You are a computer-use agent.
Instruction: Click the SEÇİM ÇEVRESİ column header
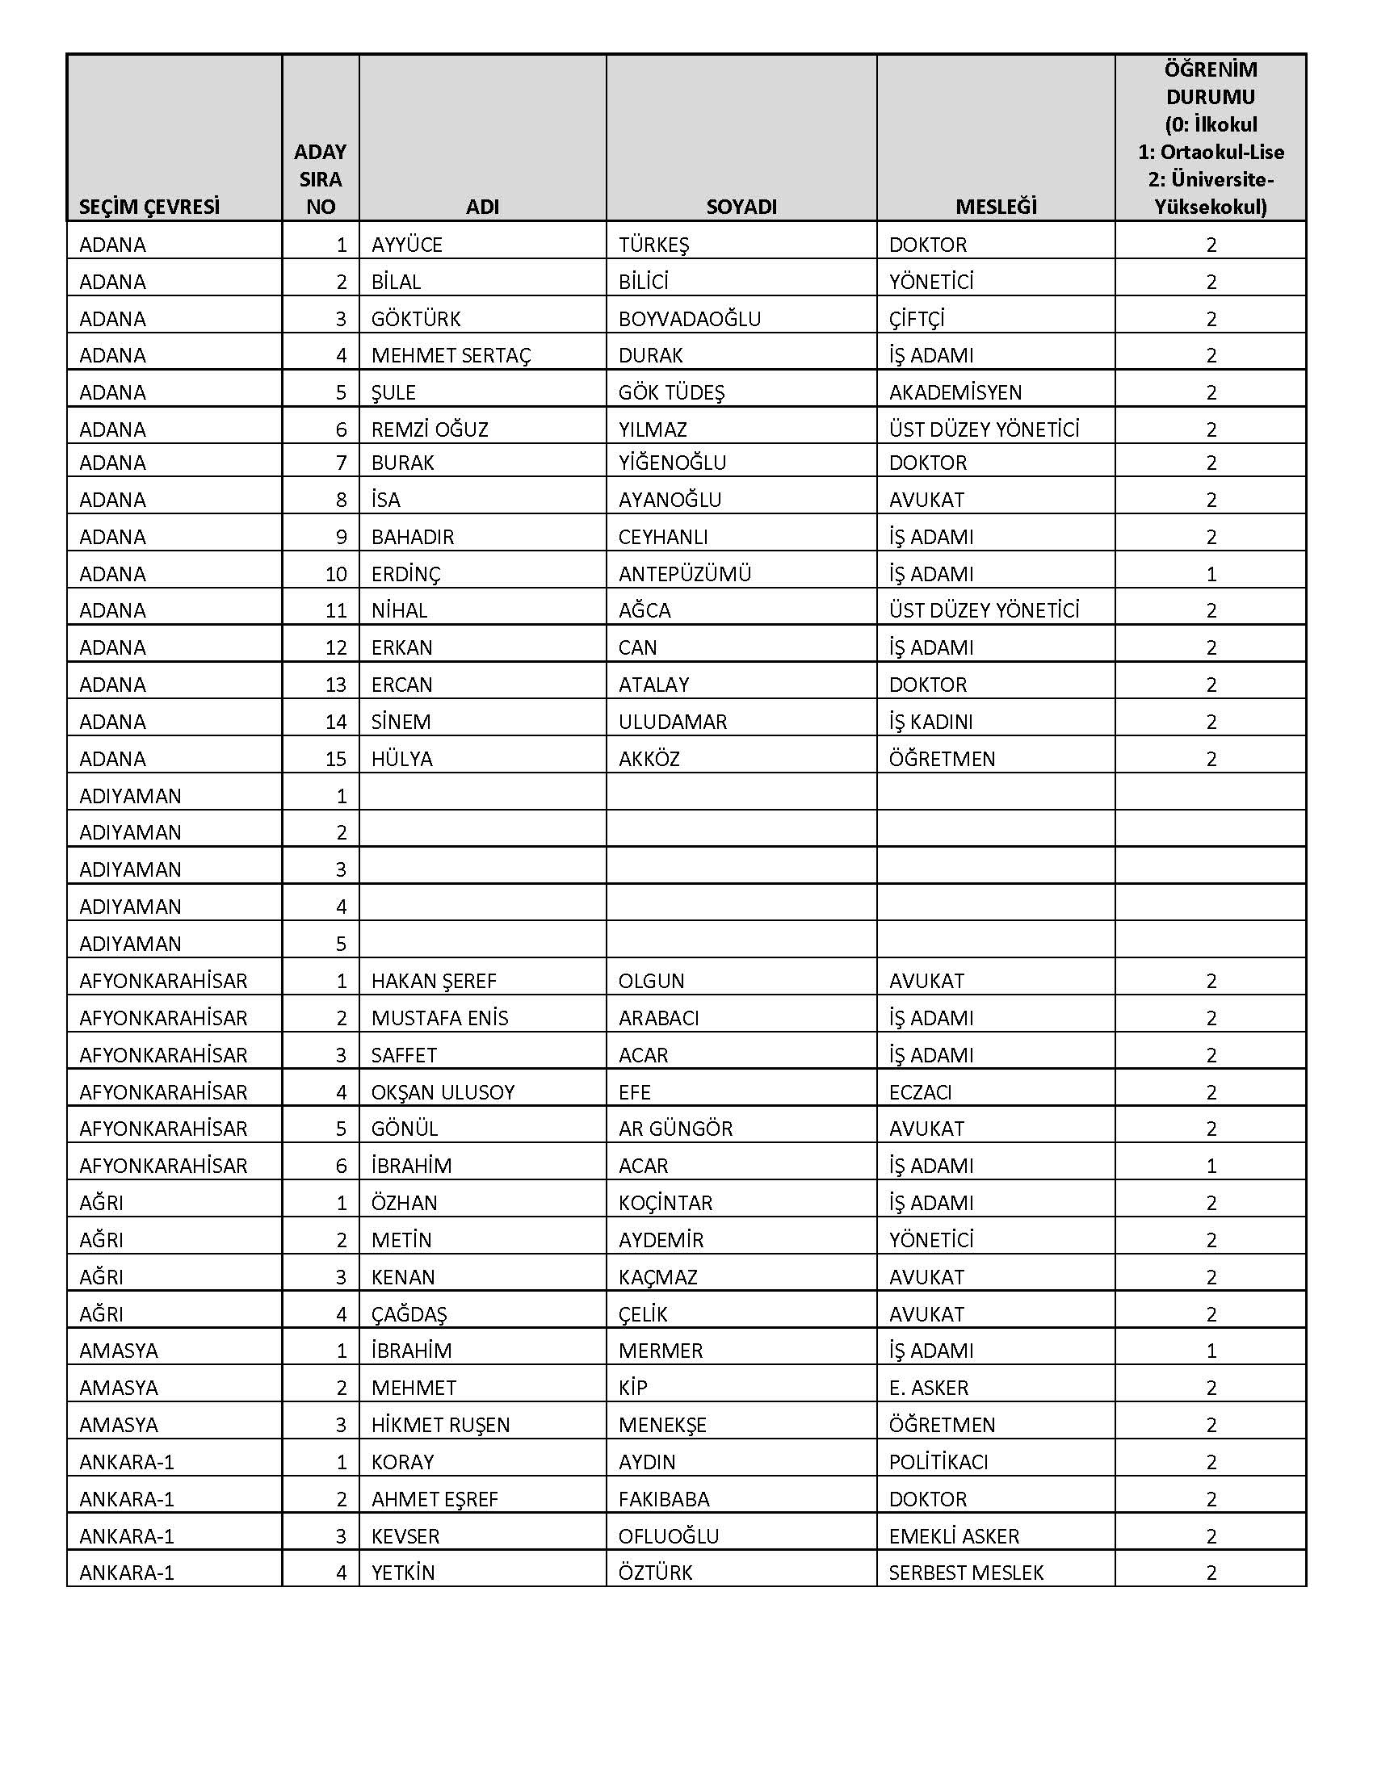click(149, 207)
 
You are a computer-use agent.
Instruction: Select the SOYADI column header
click(741, 207)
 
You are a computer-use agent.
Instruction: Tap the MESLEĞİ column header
click(996, 207)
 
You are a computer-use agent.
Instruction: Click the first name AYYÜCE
click(407, 245)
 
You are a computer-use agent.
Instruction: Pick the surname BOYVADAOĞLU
click(690, 319)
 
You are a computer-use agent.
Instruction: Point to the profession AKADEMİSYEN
click(955, 393)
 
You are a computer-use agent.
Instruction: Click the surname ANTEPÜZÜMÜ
click(685, 574)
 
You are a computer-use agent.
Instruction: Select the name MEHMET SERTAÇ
click(451, 355)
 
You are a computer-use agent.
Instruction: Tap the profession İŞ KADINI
click(930, 723)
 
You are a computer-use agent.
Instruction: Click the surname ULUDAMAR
click(673, 723)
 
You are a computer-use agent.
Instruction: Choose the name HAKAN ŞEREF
click(434, 981)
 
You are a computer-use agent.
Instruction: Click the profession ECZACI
click(920, 1092)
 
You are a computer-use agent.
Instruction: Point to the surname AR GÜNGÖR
click(675, 1129)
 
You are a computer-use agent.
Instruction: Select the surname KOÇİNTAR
click(666, 1203)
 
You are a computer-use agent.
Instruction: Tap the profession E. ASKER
click(929, 1389)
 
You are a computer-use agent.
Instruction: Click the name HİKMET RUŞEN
click(440, 1425)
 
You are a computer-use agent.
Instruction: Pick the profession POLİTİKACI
click(938, 1462)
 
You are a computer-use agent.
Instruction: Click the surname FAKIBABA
click(664, 1499)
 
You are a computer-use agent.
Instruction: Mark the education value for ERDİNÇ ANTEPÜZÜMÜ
click(1211, 574)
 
